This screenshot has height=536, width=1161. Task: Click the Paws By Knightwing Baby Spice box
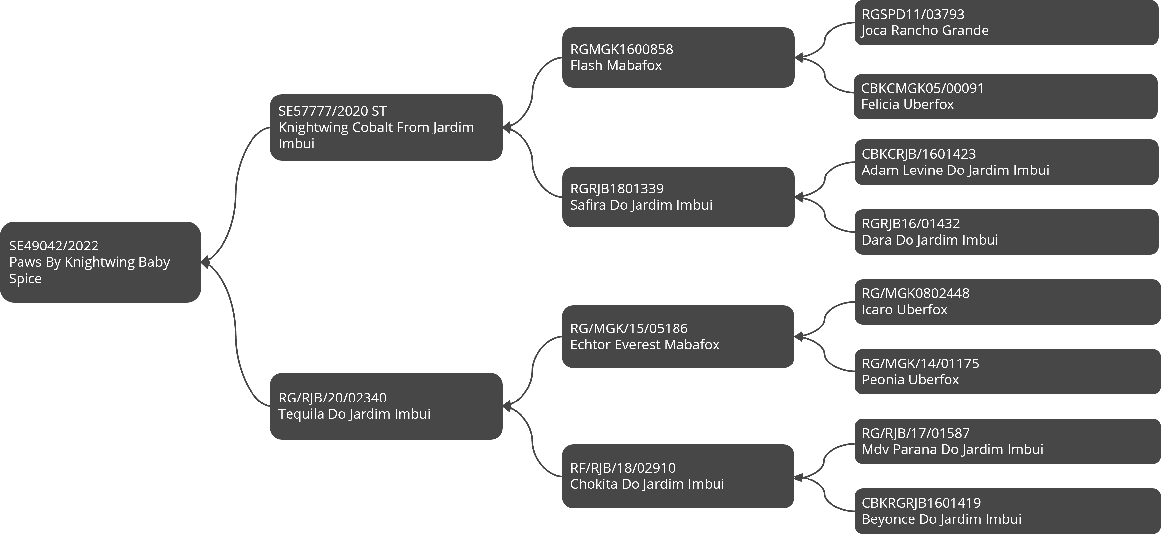pyautogui.click(x=100, y=262)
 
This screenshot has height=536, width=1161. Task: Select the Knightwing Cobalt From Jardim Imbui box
pyautogui.click(x=386, y=127)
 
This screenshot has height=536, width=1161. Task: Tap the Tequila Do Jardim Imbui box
pyautogui.click(x=386, y=406)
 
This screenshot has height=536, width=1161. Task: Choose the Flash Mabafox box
pyautogui.click(x=678, y=57)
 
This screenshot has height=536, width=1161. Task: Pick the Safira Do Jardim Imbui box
pyautogui.click(x=678, y=197)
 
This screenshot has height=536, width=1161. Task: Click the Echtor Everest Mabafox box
pyautogui.click(x=678, y=337)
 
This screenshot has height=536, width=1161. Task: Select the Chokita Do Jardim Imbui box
pyautogui.click(x=678, y=477)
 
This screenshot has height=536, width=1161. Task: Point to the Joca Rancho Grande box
pyautogui.click(x=1006, y=22)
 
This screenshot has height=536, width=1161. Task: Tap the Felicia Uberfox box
pyautogui.click(x=1006, y=96)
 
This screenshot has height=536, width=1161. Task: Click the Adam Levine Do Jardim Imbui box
pyautogui.click(x=1006, y=162)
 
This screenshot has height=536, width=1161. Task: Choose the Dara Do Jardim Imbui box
pyautogui.click(x=1006, y=232)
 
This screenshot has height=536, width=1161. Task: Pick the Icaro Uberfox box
pyautogui.click(x=1007, y=302)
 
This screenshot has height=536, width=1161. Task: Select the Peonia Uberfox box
pyautogui.click(x=1007, y=371)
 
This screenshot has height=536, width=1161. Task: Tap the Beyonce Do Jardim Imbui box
pyautogui.click(x=1007, y=511)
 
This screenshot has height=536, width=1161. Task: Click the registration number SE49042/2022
pyautogui.click(x=54, y=246)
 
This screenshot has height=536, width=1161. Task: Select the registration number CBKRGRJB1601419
pyautogui.click(x=921, y=503)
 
